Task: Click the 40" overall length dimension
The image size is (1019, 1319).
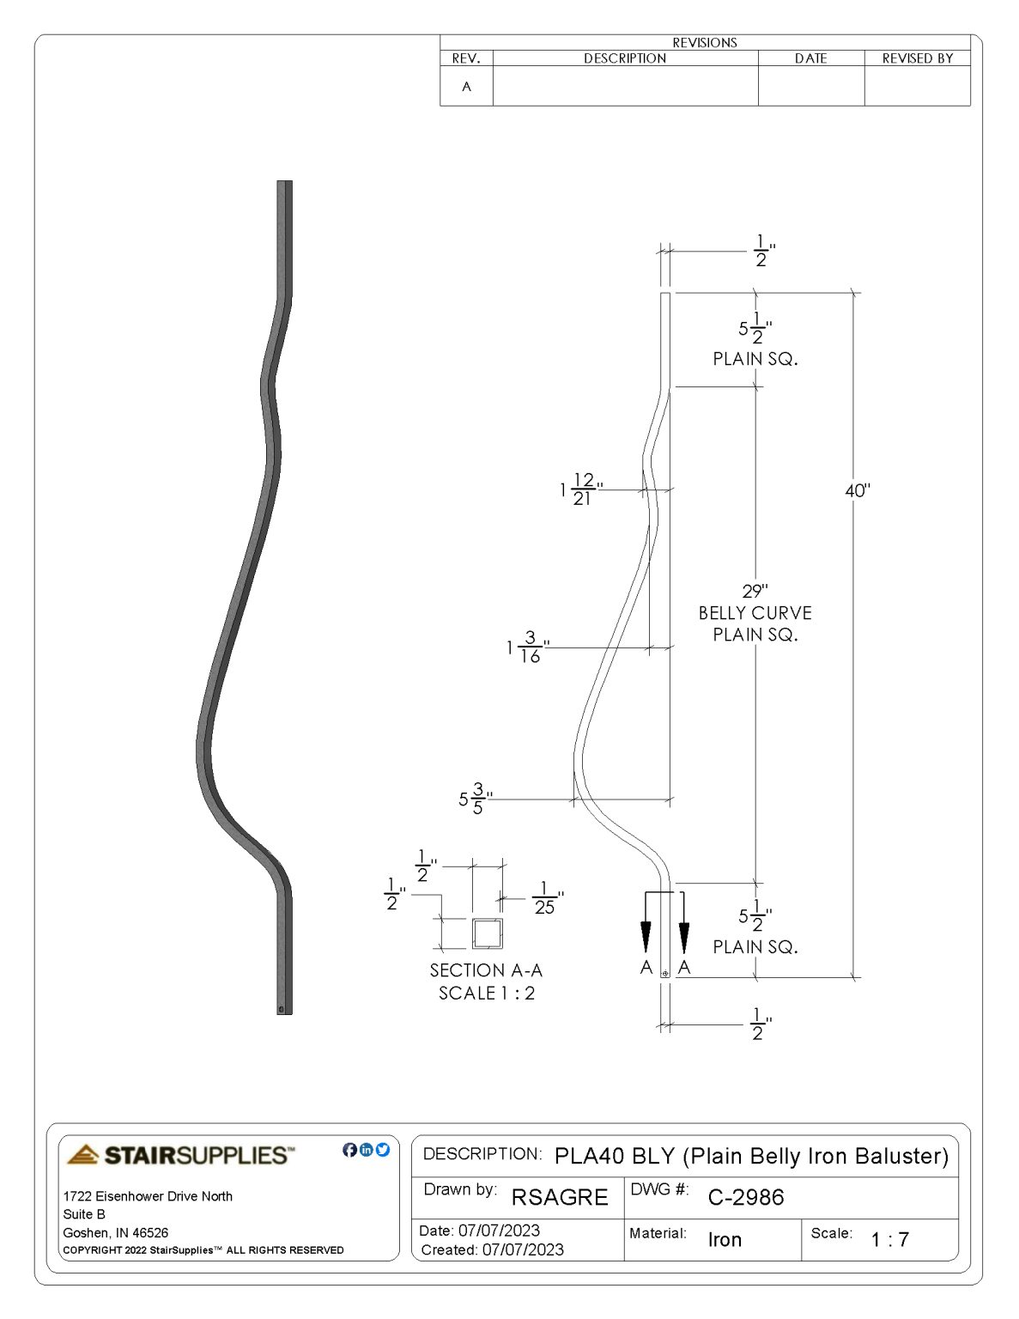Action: coord(857,490)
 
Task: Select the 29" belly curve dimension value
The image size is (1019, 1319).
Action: coord(755,591)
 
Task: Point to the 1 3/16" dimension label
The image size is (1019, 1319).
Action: coord(527,647)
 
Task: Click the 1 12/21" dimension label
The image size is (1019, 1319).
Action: coord(581,489)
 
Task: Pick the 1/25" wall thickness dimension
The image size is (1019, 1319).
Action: coord(546,898)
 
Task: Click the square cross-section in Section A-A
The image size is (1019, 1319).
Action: coord(487,933)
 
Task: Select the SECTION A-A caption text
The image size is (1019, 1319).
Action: coord(486,970)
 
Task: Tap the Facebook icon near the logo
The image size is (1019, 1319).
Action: coord(349,1150)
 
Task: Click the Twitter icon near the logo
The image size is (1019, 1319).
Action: coord(383,1150)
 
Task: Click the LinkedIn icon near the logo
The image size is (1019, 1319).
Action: coord(367,1150)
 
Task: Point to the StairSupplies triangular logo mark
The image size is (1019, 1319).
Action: coord(83,1155)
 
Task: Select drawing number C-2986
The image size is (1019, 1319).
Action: coord(745,1197)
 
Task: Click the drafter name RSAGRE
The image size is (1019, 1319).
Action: coord(560,1197)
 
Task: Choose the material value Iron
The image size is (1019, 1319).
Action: coord(725,1239)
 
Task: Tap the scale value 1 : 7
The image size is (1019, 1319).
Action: coord(889,1239)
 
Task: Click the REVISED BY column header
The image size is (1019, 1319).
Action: coord(917,58)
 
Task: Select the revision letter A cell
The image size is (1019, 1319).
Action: coord(466,87)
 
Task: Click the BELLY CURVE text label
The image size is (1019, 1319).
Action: coord(755,613)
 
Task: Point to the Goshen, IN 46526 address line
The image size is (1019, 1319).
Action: coord(116,1232)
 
